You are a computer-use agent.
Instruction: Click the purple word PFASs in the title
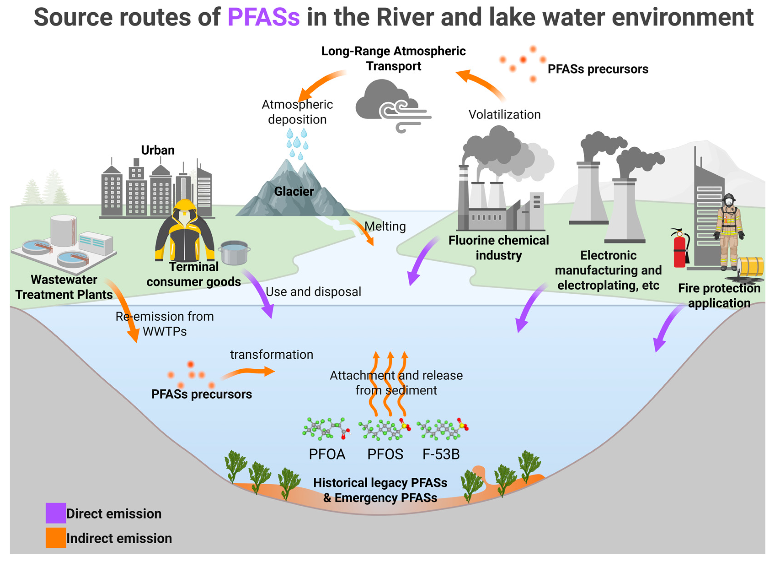coord(264,17)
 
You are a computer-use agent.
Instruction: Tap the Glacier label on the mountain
coord(294,191)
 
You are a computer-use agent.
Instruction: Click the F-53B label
coord(441,454)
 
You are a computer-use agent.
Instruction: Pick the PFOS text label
coord(385,454)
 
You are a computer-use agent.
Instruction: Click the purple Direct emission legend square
coord(56,513)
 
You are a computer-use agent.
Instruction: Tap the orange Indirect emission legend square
coord(56,538)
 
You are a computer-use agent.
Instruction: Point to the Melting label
coord(385,226)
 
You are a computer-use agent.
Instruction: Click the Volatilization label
coord(504,115)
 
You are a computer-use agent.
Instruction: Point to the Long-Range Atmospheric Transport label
coord(393,58)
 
